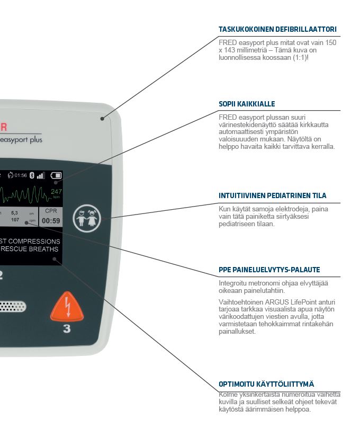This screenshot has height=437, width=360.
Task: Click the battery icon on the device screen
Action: click(56, 175)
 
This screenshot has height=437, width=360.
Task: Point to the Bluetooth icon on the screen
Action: click(31, 175)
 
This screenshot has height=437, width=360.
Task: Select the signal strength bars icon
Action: click(41, 175)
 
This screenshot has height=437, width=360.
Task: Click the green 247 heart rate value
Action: click(56, 192)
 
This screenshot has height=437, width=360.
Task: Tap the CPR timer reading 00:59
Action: click(51, 221)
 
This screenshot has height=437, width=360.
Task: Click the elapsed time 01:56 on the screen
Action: click(20, 175)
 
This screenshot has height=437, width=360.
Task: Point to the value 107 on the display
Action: click(15, 220)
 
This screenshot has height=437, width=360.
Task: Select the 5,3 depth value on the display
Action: click(15, 212)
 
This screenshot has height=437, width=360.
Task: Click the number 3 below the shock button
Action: click(67, 329)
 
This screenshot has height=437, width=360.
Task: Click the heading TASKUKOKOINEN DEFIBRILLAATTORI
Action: click(277, 30)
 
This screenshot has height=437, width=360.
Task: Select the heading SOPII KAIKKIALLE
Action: click(247, 104)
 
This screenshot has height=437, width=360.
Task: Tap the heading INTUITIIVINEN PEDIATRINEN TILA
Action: click(272, 195)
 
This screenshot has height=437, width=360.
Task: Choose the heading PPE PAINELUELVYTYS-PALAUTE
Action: click(269, 270)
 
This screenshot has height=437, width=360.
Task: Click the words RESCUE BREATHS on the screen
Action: click(30, 249)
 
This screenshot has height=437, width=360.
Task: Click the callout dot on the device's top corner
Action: click(102, 120)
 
